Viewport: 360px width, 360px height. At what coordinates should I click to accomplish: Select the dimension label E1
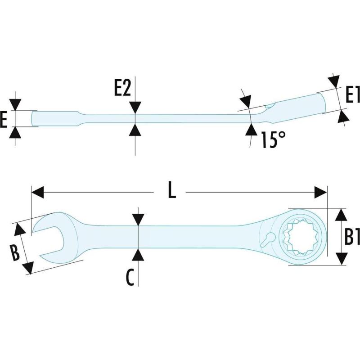coord(352,95)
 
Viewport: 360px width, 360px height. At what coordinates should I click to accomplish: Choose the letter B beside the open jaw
coord(14,253)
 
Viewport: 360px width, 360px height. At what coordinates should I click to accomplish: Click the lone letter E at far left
coord(4,119)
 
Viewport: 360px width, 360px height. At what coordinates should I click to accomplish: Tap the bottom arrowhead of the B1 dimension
coord(342,259)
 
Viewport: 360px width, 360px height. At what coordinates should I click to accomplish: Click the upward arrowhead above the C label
coord(138,253)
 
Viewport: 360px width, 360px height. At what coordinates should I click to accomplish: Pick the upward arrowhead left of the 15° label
coord(250,129)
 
